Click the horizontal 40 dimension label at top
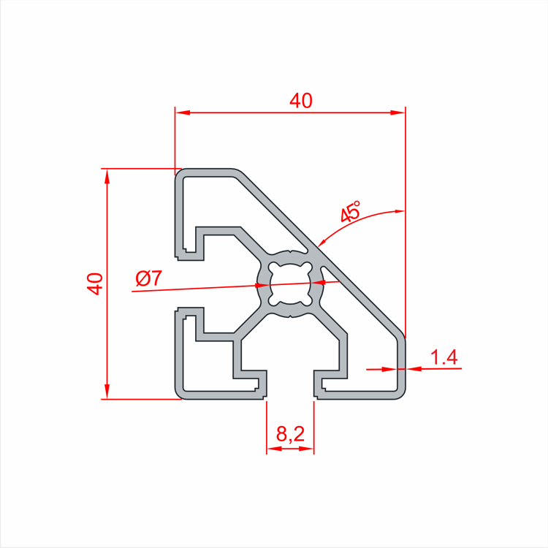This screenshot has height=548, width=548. click(300, 102)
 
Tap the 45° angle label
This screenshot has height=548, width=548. click(351, 212)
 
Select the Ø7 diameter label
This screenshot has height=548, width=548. click(149, 278)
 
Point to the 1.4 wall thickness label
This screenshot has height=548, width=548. click(444, 357)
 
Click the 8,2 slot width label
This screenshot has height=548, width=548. click(290, 435)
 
